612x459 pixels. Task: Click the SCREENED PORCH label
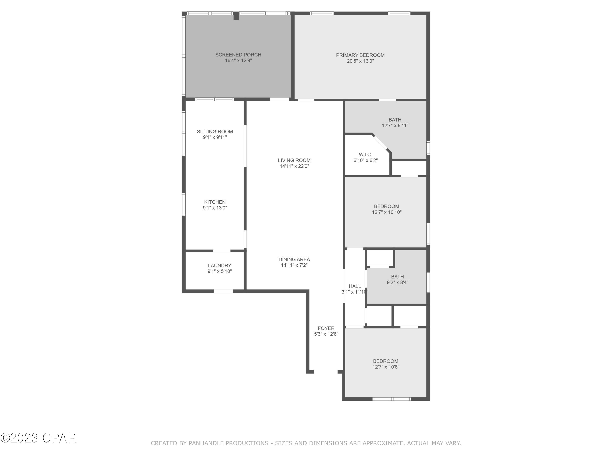click(x=238, y=55)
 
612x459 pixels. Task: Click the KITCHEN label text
click(x=215, y=202)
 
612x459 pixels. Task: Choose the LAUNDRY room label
click(x=219, y=266)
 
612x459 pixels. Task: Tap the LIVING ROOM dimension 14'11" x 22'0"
click(x=294, y=166)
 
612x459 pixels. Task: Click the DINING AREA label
click(x=294, y=259)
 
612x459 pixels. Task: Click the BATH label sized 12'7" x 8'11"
click(x=395, y=120)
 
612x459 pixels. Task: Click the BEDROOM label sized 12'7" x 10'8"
click(x=385, y=361)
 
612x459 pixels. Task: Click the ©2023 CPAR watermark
click(x=38, y=438)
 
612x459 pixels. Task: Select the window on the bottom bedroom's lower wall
click(x=391, y=399)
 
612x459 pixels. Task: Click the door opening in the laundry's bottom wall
click(x=223, y=291)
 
